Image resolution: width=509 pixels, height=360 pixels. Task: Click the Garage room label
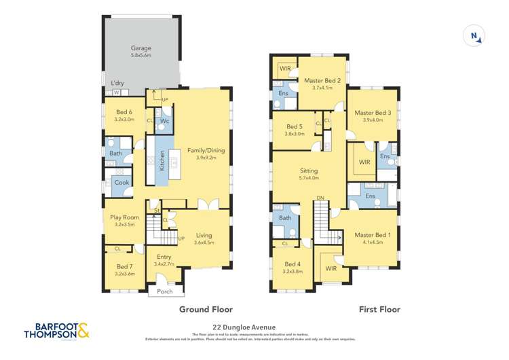140,48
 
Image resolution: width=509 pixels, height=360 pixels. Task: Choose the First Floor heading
379,309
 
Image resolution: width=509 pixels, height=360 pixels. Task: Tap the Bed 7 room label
124,266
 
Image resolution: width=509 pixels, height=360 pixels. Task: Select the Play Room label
124,217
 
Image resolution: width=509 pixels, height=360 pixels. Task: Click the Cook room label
121,182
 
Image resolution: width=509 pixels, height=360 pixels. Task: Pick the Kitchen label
162,160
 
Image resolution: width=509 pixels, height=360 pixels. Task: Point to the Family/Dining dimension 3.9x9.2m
205,158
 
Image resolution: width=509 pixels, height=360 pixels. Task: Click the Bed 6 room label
124,111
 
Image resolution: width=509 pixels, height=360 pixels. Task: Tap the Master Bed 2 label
322,80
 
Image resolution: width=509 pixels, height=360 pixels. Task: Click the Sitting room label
309,170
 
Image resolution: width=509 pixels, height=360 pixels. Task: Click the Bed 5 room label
295,126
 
